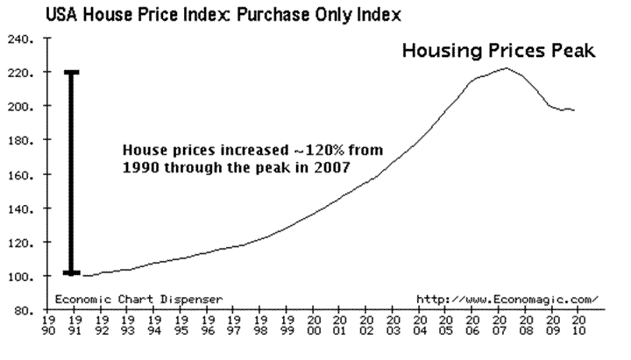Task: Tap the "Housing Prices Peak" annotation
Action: (499, 52)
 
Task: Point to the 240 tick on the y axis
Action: (20, 39)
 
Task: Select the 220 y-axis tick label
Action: (20, 73)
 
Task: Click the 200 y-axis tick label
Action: (20, 107)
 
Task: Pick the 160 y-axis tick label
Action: (20, 175)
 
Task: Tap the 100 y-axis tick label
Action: (20, 277)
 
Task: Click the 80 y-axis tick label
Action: (23, 311)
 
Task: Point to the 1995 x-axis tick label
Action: (181, 327)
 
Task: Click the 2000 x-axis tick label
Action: (313, 327)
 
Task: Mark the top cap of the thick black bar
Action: (73, 72)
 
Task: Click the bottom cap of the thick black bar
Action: (73, 273)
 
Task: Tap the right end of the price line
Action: (575, 110)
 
